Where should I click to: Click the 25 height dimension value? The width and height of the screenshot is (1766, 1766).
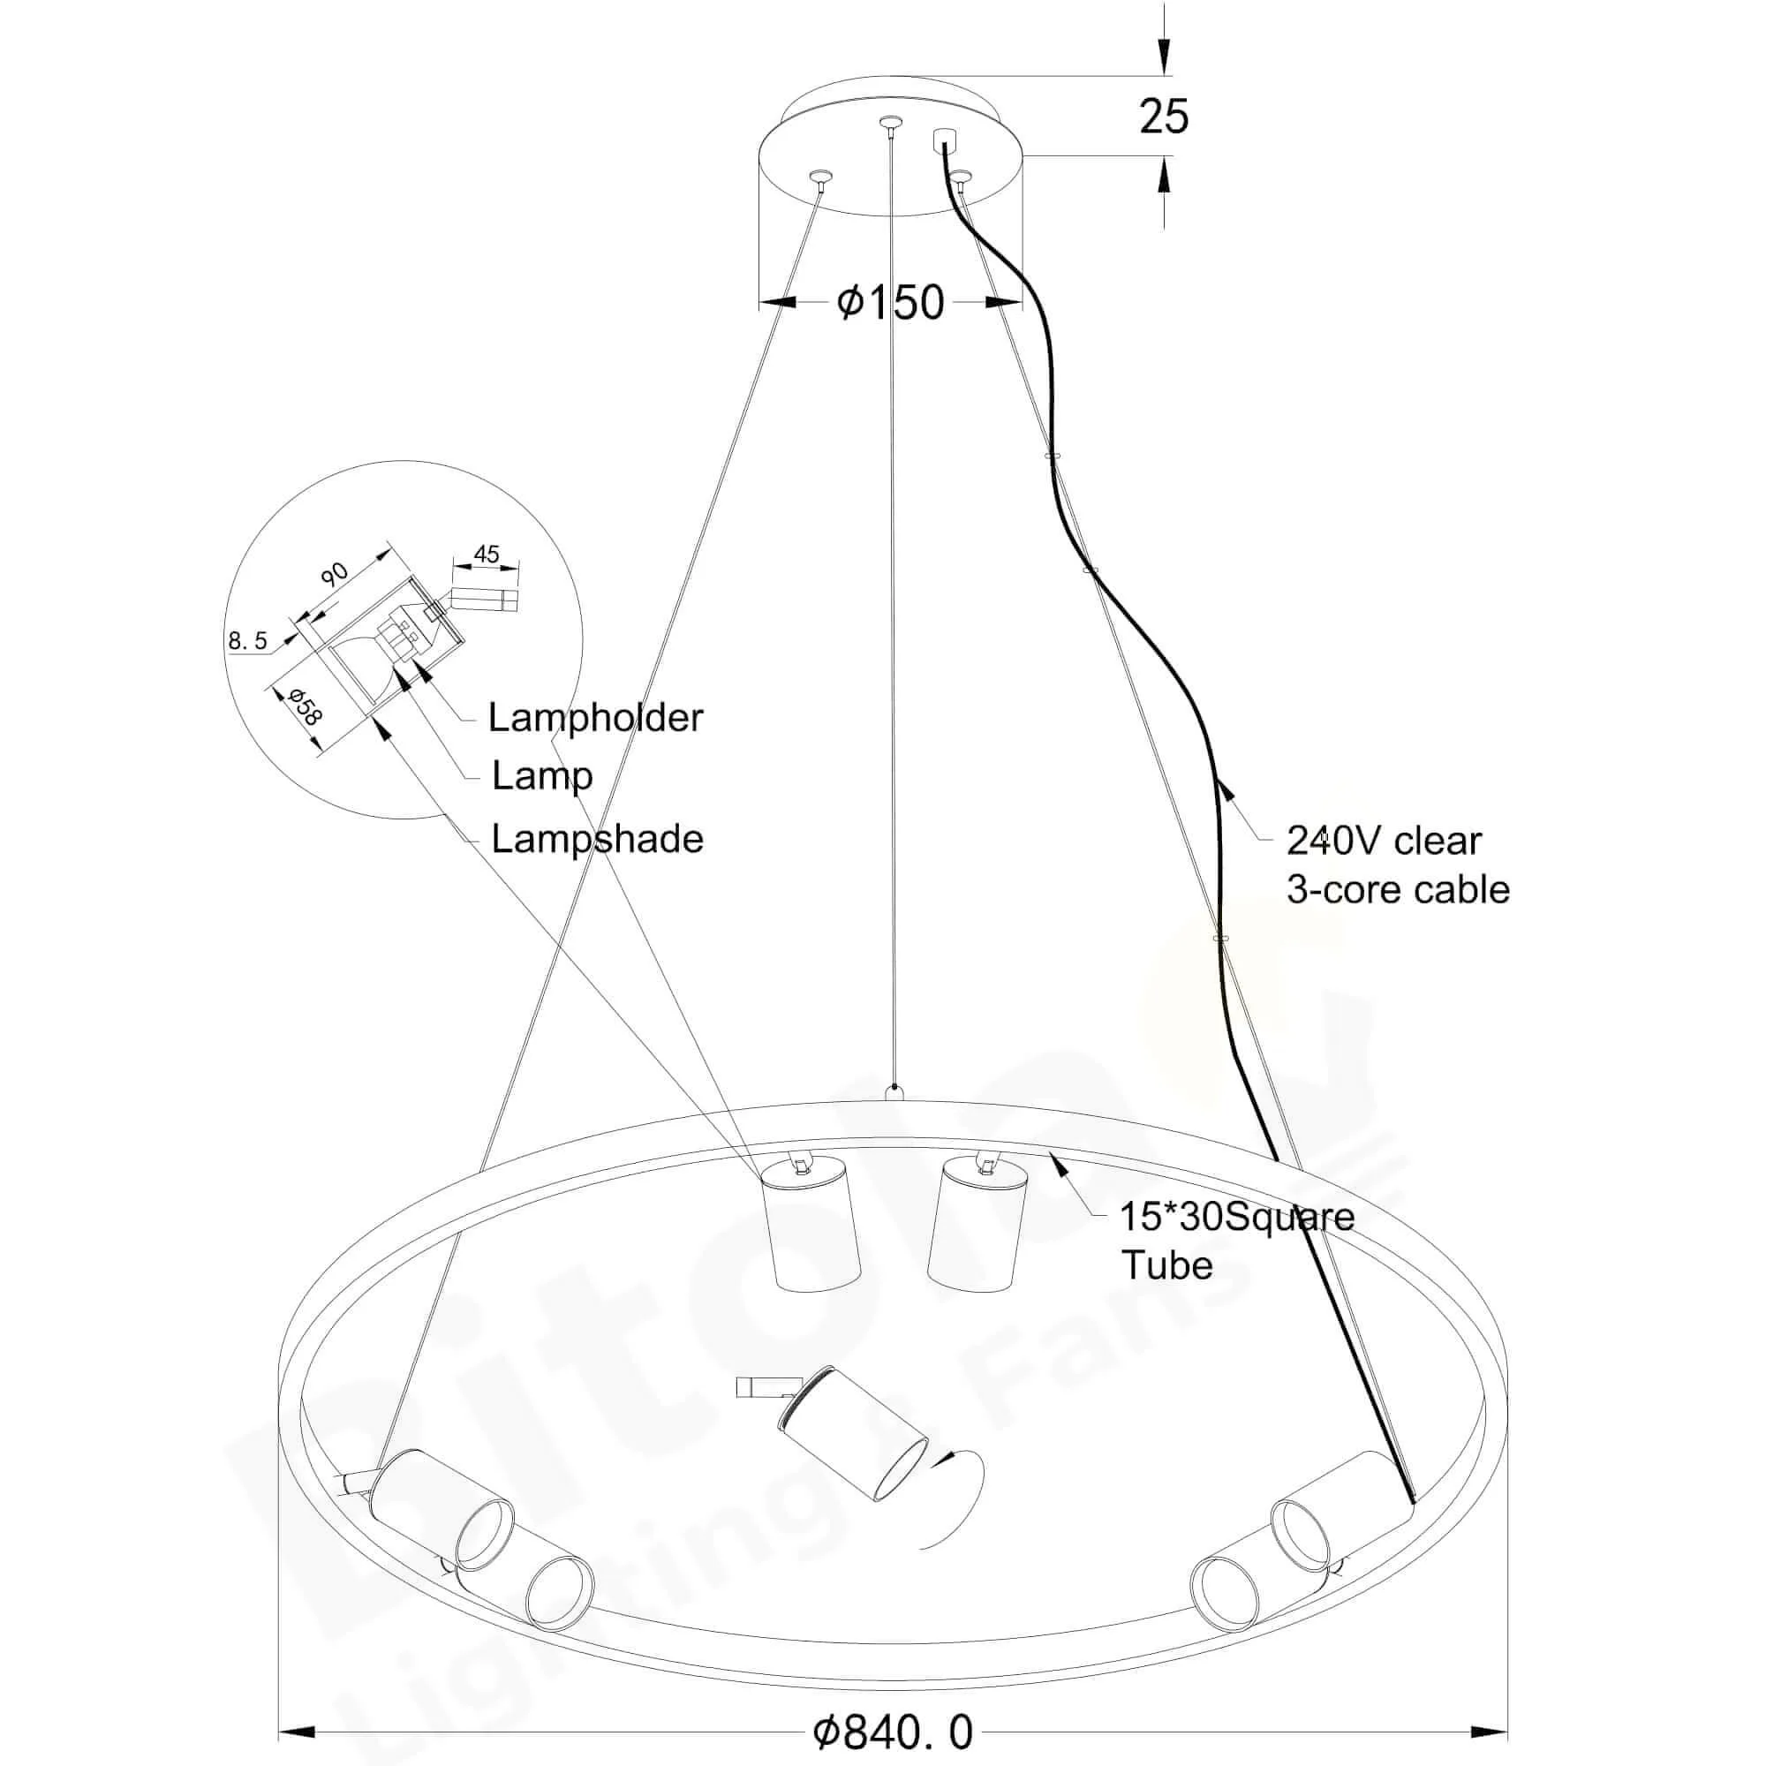coord(1163,117)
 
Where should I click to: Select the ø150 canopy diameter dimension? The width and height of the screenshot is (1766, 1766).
coord(889,302)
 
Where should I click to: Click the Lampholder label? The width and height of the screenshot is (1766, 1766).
coord(595,718)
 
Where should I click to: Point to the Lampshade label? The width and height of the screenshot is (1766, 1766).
coord(597,839)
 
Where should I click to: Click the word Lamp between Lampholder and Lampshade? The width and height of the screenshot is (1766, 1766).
coord(542,777)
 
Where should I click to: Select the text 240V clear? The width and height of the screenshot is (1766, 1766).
coord(1383,841)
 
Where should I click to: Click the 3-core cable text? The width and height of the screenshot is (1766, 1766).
coord(1398,889)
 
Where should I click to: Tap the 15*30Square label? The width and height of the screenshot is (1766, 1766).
coord(1237,1217)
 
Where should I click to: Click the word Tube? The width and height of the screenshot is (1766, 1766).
coord(1166,1265)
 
